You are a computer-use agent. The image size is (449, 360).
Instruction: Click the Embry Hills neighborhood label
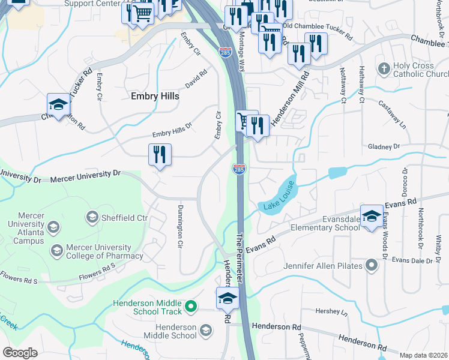(x=151, y=95)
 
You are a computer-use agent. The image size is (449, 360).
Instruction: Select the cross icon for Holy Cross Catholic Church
(x=384, y=69)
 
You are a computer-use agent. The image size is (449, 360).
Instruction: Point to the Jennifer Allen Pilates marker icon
(x=372, y=265)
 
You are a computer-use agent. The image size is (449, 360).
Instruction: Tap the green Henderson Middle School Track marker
(x=191, y=307)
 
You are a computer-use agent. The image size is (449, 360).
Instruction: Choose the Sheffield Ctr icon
(x=92, y=217)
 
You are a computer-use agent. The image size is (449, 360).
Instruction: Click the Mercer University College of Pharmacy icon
(x=57, y=251)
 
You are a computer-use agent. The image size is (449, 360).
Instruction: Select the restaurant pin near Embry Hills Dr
(x=160, y=155)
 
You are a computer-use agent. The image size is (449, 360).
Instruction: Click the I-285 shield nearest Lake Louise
(x=239, y=169)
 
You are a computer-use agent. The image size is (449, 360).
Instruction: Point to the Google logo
(x=20, y=352)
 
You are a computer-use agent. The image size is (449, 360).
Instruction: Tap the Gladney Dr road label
(x=384, y=146)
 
